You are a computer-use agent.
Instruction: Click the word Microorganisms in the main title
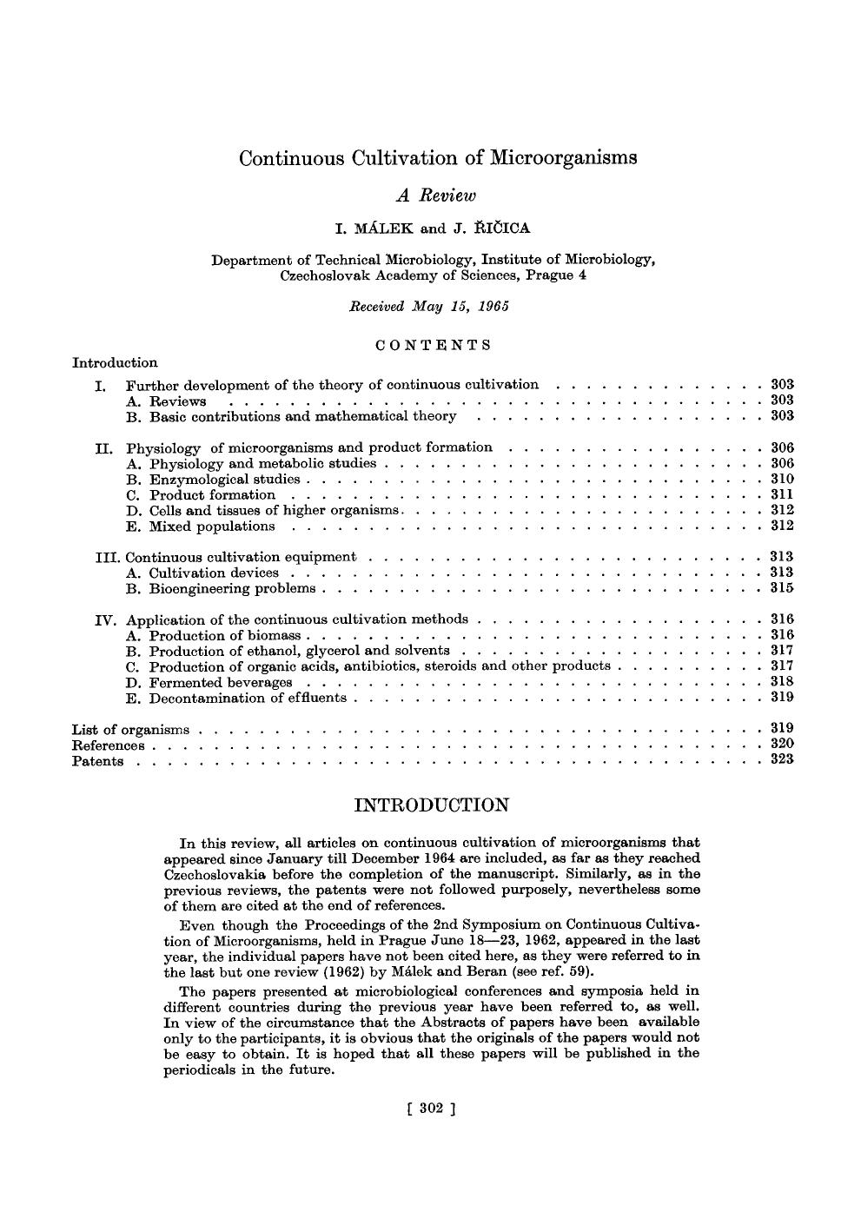[564, 158]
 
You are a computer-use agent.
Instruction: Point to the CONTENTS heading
[434, 345]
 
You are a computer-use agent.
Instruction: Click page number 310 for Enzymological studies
[782, 479]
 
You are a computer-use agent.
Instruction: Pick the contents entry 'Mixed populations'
[212, 527]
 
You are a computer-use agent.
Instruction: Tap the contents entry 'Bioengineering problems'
[232, 589]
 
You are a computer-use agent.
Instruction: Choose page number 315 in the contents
[782, 588]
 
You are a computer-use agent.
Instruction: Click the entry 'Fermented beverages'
[221, 683]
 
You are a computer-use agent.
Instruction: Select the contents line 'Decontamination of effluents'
[248, 699]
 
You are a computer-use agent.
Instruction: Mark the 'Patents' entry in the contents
[97, 762]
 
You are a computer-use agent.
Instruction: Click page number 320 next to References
[782, 744]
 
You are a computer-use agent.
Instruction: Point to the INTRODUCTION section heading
[432, 805]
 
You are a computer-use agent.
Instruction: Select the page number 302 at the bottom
[431, 1108]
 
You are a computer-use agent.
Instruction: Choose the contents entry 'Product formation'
[212, 495]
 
